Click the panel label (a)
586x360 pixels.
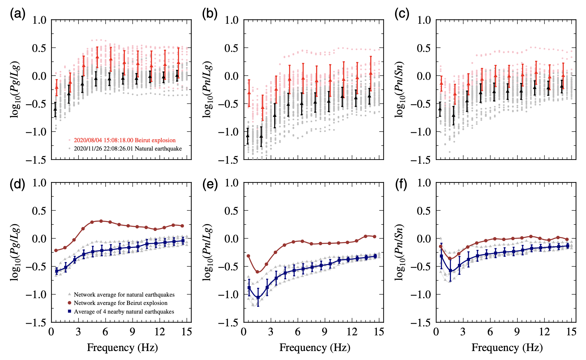tap(18, 14)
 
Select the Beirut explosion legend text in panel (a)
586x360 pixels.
tap(125, 140)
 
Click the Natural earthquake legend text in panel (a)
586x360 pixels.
tap(128, 149)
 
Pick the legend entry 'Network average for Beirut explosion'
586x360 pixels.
tap(120, 303)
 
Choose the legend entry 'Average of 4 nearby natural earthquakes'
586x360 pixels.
tap(124, 312)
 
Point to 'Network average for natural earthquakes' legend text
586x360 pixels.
tap(124, 295)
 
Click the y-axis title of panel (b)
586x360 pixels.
tap(208, 89)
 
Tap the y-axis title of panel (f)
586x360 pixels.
tap(400, 252)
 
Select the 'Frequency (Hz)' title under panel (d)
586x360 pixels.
tap(122, 348)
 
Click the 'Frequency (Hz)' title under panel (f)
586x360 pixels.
tap(507, 348)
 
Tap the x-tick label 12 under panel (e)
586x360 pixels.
tap(352, 332)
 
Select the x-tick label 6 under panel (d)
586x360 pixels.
tap(105, 332)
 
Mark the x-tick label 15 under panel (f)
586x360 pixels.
tap(571, 332)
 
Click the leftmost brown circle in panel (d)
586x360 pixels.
tap(56, 250)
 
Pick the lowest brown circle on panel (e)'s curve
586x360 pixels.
tap(257, 272)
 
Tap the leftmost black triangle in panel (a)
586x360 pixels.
tap(55, 109)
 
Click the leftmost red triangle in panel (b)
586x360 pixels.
tap(249, 93)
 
